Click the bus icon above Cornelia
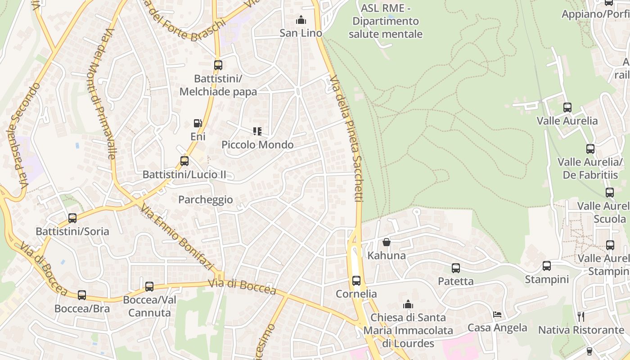click(x=356, y=281)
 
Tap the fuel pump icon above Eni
click(x=198, y=123)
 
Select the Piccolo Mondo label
click(x=257, y=145)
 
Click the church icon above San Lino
click(x=301, y=20)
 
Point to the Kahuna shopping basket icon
click(x=386, y=242)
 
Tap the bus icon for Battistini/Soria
click(x=72, y=218)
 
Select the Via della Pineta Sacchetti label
click(x=346, y=139)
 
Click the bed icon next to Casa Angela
click(x=497, y=314)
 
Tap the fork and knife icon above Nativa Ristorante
click(x=580, y=317)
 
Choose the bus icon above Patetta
click(x=456, y=268)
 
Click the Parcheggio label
click(x=206, y=200)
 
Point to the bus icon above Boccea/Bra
click(x=82, y=295)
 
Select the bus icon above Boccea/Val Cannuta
click(x=149, y=286)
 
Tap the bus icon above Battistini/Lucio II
click(x=184, y=161)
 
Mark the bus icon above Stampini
click(x=547, y=266)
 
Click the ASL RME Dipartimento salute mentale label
click(x=386, y=21)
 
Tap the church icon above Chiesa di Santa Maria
click(x=408, y=304)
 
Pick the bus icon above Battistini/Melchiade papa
click(x=218, y=65)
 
